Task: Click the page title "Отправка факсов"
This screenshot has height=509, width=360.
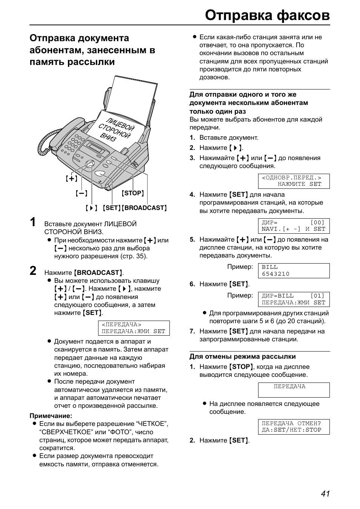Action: [268, 15]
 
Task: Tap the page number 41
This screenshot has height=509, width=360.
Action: [325, 494]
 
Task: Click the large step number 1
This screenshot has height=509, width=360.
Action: [33, 222]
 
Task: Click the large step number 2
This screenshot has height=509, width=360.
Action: [33, 271]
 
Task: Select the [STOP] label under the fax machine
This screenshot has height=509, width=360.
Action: [133, 193]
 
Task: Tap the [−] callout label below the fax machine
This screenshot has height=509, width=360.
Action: [81, 193]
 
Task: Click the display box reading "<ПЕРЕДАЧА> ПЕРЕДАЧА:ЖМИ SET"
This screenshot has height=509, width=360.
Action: [134, 328]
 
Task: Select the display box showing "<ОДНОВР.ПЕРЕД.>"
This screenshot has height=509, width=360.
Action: [294, 181]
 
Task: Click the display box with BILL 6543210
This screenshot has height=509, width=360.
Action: [294, 270]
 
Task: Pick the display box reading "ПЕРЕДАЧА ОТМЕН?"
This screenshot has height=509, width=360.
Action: [294, 426]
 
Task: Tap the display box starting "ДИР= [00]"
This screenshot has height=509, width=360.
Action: [294, 226]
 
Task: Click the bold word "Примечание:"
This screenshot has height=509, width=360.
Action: [51, 416]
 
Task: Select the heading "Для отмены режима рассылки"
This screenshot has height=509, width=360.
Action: [243, 356]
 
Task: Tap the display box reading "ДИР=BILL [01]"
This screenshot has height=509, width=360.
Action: [294, 299]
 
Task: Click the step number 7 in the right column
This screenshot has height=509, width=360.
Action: [192, 331]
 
